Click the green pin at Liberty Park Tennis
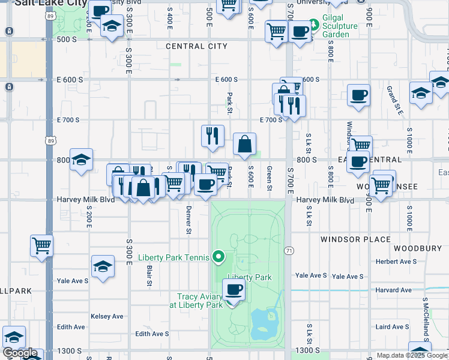218,258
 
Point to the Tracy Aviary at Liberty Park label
200,301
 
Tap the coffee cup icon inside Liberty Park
234,290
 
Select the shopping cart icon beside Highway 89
41,245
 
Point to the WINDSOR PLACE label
355,239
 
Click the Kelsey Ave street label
107,316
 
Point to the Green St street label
270,178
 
